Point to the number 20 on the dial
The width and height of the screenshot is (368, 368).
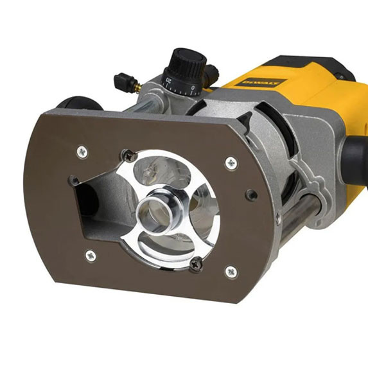click(169, 82)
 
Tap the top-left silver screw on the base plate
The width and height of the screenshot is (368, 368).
click(82, 152)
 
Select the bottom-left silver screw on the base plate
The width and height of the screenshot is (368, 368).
click(90, 255)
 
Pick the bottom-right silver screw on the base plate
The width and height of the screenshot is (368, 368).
click(231, 271)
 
